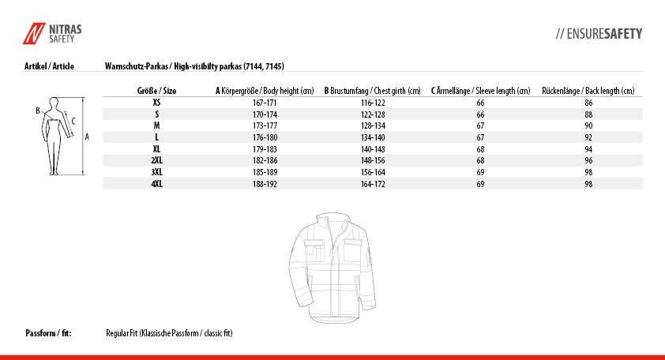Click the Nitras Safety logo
(52, 33)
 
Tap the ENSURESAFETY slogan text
(599, 34)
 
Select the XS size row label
(156, 103)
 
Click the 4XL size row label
(156, 183)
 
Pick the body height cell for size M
(264, 126)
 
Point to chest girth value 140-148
(372, 148)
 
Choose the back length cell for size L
(588, 137)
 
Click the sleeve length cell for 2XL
(480, 160)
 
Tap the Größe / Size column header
(157, 91)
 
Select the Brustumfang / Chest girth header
(372, 91)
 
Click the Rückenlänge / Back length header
(588, 91)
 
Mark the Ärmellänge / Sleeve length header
(480, 91)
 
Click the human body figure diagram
(55, 135)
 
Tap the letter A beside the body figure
(87, 136)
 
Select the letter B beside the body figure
(37, 111)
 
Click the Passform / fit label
(49, 333)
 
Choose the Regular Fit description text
(169, 333)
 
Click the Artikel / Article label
(50, 66)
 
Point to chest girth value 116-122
(372, 103)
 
